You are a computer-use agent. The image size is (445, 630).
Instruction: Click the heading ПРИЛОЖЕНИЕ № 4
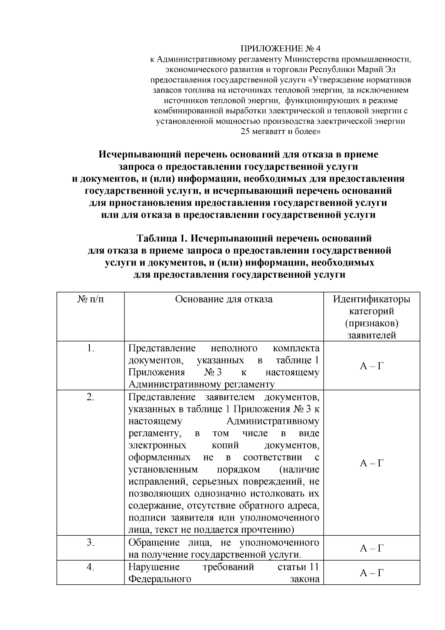coord(280,49)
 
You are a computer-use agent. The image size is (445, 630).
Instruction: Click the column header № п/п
coord(90,299)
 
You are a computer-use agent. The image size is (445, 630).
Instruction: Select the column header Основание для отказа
coord(224,299)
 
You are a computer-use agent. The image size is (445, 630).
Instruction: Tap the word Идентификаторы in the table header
coord(372,299)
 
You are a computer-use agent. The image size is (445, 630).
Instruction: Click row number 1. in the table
coord(90,348)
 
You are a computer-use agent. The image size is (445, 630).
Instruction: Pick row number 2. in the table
coord(90,397)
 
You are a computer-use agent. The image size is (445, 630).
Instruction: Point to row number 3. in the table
coord(90,542)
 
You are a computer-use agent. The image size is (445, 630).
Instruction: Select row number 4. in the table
coord(90,567)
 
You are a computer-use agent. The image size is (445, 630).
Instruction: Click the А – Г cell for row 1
coord(372,366)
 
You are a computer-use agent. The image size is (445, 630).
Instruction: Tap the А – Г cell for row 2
coord(372,463)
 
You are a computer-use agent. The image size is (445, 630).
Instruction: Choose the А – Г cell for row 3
coord(372,548)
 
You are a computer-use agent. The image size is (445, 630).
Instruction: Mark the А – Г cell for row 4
coord(372,573)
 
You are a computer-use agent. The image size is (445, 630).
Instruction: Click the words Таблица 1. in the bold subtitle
coord(162,238)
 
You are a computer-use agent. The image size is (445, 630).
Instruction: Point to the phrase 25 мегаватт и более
coord(280,131)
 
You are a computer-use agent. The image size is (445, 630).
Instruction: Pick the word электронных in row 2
coord(157,445)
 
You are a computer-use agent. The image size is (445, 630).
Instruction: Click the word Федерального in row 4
coord(160,579)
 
